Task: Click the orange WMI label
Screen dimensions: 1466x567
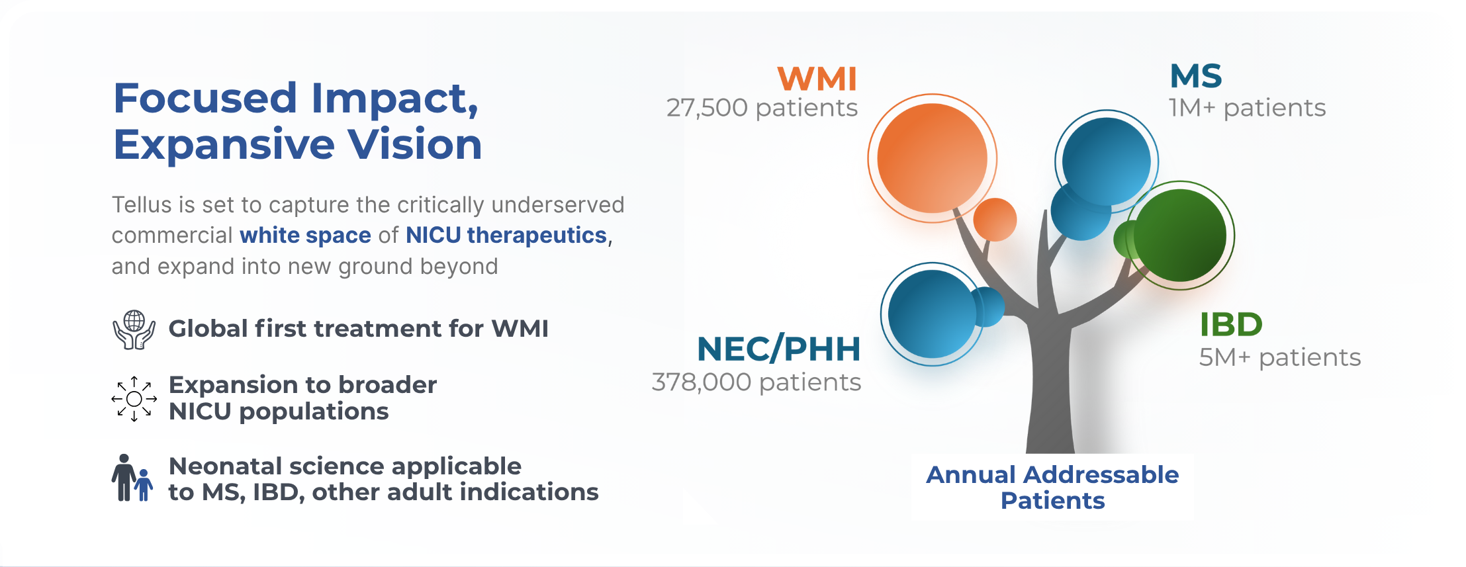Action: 817,79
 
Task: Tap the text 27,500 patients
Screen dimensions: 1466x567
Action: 762,108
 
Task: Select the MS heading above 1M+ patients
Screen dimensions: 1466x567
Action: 1196,75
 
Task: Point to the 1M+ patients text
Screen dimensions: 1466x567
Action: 1247,108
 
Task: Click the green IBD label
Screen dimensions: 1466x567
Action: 1231,325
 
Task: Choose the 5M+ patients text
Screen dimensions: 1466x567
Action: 1280,357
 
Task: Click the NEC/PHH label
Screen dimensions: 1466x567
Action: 779,349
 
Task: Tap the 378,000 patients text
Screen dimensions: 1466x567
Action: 756,382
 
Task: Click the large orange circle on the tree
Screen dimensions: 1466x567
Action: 932,158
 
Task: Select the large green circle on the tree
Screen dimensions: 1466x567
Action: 1180,236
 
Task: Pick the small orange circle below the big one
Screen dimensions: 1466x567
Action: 995,220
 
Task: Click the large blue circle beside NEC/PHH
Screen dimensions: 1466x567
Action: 933,314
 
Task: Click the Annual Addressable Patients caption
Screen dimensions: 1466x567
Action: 1052,488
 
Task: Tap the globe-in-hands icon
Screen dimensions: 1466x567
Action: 134,329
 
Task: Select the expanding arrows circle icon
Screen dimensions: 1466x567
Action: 134,399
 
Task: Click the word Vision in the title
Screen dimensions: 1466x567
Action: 415,144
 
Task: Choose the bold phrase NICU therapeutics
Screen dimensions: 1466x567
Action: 506,236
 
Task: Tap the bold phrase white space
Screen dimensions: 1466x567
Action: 305,236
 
